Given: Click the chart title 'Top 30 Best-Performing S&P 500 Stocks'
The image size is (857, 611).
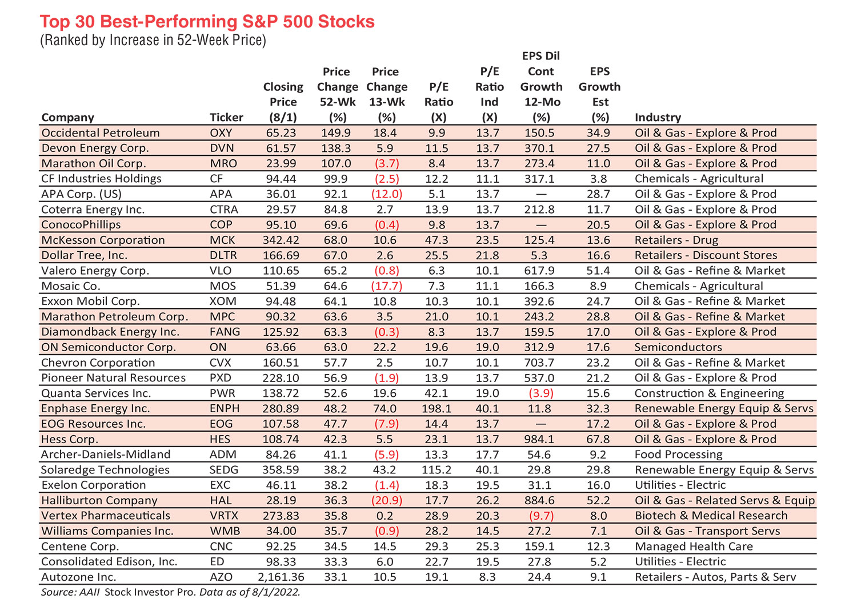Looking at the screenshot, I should coord(207,22).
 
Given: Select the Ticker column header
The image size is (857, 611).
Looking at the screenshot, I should coord(226,117).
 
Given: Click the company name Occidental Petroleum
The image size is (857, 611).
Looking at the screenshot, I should coord(101,132).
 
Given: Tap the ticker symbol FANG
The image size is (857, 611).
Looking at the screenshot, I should coord(225,332).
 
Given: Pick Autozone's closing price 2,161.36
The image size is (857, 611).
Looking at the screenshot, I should coord(281,577).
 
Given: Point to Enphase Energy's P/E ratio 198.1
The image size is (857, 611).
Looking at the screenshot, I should coord(437,408).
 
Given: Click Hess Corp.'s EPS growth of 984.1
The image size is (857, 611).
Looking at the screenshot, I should coord(540,439).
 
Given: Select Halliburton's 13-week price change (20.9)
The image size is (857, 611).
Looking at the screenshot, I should coord(387,500).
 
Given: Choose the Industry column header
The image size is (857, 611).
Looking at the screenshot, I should coord(658,117).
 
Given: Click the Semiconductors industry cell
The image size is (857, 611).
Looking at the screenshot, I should coord(678,347).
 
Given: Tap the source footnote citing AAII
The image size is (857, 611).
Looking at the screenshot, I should coord(170,592).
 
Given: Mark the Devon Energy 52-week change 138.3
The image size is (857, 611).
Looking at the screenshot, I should coord(335,148).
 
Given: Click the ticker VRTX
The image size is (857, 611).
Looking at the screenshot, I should coord(225,516).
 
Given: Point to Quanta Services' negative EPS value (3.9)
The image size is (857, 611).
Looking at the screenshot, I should coord(540,393).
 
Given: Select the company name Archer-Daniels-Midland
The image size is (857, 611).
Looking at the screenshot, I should coord(106,455).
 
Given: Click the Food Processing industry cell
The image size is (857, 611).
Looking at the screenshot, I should coord(678,455).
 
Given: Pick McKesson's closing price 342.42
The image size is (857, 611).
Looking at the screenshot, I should coord(282,240).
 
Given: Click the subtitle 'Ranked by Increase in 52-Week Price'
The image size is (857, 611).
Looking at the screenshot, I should coord(153,41).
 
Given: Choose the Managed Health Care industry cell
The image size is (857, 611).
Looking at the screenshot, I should coord(694,546).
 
